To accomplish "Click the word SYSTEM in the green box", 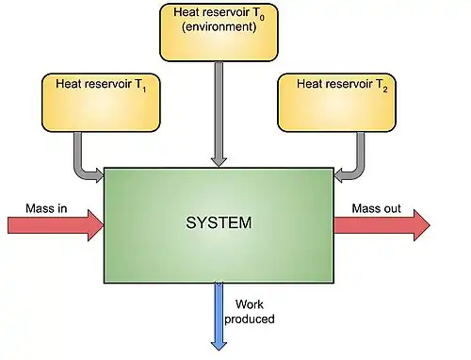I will tap(219, 224).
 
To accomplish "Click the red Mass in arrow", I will tap(55, 225).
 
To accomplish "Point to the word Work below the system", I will tap(249, 305).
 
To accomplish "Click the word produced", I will tap(253, 319).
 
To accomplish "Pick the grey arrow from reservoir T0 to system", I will tap(219, 113).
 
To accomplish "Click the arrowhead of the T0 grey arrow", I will tap(219, 160).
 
